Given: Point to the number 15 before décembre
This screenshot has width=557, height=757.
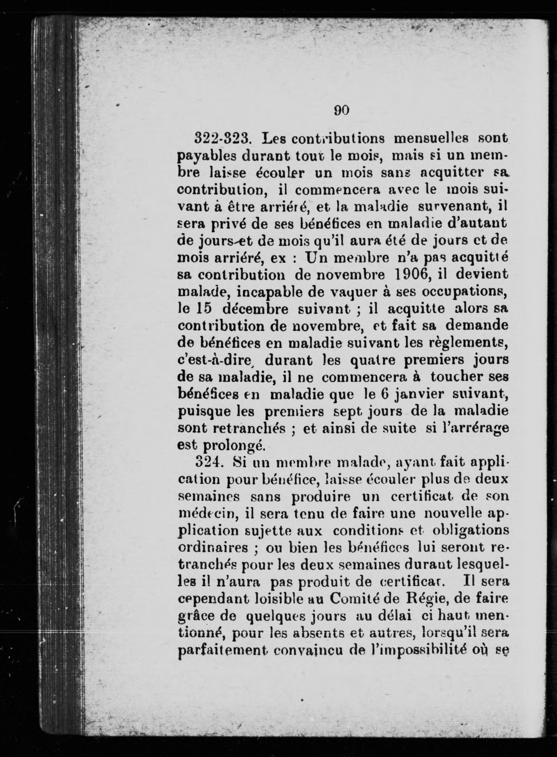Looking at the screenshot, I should pos(204,309).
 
